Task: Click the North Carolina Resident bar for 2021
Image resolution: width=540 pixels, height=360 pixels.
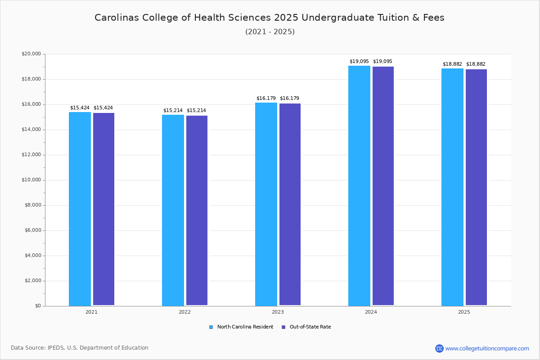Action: click(x=80, y=209)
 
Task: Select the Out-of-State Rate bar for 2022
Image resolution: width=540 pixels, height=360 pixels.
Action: click(x=197, y=211)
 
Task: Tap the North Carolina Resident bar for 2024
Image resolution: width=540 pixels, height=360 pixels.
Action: click(x=359, y=186)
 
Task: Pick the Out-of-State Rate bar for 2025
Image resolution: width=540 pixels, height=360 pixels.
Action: click(x=476, y=187)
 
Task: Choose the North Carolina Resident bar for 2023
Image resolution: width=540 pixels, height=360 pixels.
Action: click(x=266, y=204)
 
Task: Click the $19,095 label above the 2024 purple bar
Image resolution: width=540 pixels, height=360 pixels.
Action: click(x=382, y=62)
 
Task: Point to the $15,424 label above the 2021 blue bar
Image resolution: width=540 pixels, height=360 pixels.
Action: click(x=80, y=108)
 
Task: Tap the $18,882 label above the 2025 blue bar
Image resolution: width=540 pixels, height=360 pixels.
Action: click(x=452, y=64)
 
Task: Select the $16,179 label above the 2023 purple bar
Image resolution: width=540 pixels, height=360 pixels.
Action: click(x=289, y=99)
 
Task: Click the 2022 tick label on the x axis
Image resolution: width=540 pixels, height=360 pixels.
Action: click(x=184, y=312)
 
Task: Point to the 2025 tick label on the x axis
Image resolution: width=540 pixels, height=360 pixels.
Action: click(x=464, y=312)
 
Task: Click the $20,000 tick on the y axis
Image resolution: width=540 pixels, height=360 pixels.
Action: click(x=31, y=54)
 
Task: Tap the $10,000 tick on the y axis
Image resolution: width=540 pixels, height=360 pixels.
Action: click(x=31, y=180)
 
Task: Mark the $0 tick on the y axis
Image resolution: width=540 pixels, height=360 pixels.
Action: click(x=38, y=306)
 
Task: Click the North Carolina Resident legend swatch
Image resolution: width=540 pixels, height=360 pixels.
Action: click(x=211, y=327)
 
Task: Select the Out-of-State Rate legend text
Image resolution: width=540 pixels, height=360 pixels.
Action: click(x=310, y=327)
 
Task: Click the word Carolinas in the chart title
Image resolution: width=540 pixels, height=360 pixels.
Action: click(x=117, y=18)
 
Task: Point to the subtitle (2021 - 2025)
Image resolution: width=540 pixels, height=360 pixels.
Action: click(x=270, y=32)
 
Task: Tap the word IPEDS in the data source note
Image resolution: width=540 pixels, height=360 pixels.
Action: click(x=56, y=348)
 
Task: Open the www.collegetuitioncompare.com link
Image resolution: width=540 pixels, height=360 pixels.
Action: click(x=487, y=349)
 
